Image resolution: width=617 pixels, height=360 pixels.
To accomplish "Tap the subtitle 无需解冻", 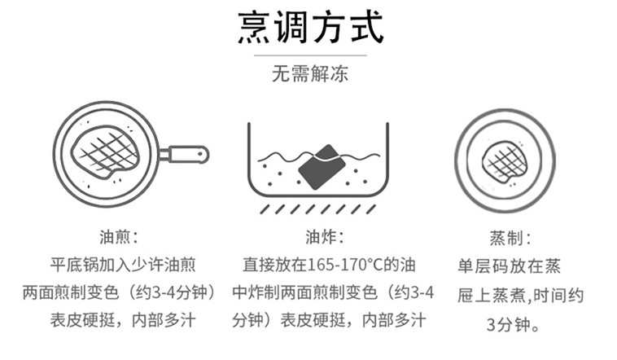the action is (309, 74).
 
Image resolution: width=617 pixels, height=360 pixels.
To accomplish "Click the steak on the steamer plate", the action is (504, 161).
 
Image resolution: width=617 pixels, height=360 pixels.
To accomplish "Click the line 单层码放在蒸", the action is (510, 266).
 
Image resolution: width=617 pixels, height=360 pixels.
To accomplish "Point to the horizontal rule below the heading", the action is (309, 55).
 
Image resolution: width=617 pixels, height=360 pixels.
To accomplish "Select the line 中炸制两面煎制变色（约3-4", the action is (333, 292).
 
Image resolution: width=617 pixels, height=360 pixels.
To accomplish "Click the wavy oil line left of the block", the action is (277, 155).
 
